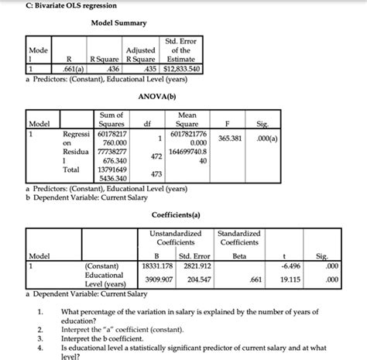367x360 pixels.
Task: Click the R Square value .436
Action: (x=103, y=67)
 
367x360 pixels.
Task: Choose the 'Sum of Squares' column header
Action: (x=113, y=118)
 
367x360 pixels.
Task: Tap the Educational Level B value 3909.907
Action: (x=159, y=279)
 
